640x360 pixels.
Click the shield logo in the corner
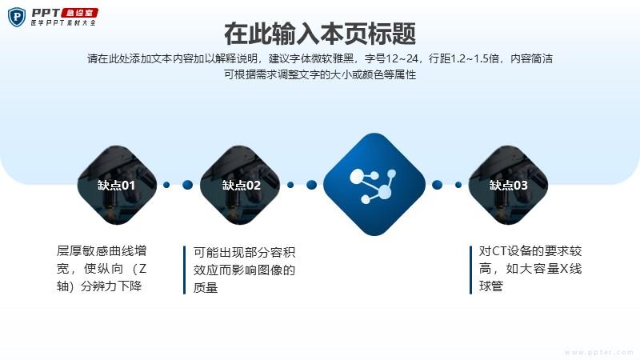coord(17,17)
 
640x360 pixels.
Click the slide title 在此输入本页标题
coord(320,34)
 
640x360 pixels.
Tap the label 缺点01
coord(116,186)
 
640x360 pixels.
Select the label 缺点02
coord(242,186)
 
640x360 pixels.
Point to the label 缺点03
coord(509,186)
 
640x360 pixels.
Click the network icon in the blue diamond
coord(373,186)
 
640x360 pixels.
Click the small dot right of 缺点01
coord(166,185)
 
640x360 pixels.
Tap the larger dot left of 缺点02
coord(187,185)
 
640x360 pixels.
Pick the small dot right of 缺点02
coord(290,185)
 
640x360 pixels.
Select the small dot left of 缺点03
coord(458,185)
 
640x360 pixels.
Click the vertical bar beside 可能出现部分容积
coord(185,270)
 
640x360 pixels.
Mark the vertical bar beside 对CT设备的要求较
coord(470,270)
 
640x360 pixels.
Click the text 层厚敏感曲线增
coord(102,250)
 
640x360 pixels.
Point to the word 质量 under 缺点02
coord(206,288)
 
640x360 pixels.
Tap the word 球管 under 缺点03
coord(491,286)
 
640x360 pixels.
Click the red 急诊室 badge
coord(79,13)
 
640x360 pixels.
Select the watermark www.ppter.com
coord(598,352)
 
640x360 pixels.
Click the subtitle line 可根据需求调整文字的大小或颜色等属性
coord(320,74)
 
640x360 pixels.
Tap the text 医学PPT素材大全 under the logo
coord(63,23)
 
